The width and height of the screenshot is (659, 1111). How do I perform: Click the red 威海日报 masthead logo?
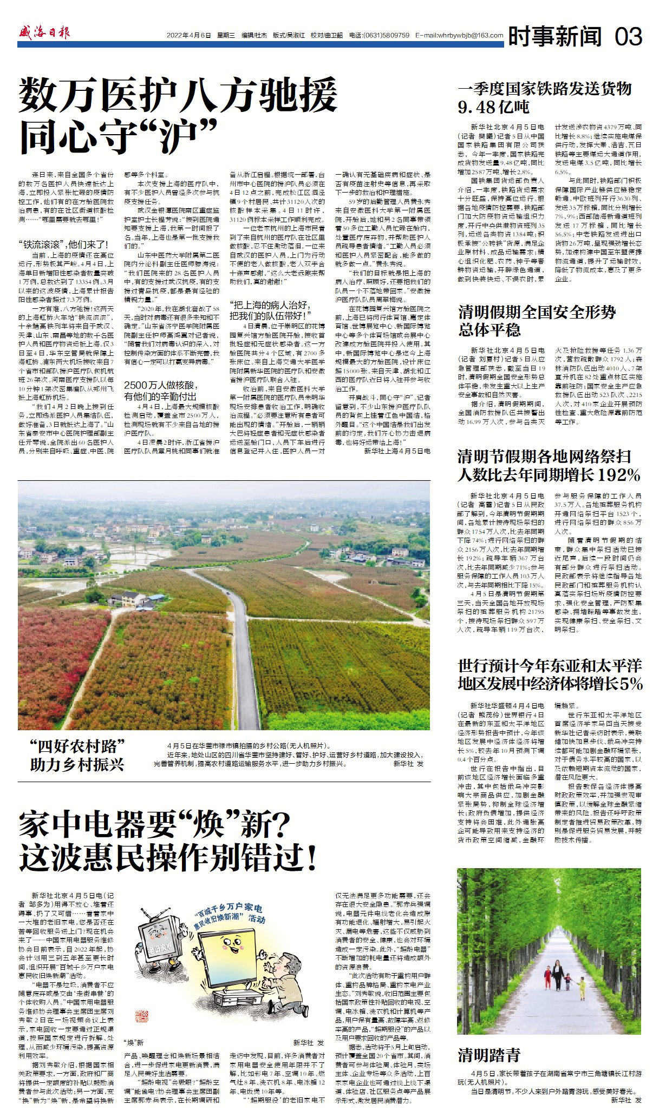coord(44,33)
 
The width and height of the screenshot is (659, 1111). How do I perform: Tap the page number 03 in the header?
coord(628,37)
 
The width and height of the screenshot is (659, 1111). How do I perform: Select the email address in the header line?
coord(459,36)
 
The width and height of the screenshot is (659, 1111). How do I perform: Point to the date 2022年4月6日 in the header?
coord(188,36)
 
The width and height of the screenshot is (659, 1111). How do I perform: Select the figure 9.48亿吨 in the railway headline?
coord(493,107)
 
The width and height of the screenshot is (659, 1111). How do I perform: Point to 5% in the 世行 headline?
coord(632,683)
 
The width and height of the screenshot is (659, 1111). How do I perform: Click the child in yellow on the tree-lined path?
coord(582,988)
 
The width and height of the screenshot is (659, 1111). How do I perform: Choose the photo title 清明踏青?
coord(489,1055)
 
